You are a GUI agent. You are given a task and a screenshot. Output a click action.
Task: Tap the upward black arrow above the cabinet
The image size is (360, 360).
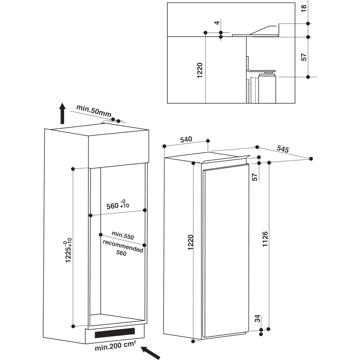[62, 113]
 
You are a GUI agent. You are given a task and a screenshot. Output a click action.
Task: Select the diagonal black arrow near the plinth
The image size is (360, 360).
[150, 352]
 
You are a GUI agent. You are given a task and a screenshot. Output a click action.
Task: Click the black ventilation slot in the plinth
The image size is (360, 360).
[114, 333]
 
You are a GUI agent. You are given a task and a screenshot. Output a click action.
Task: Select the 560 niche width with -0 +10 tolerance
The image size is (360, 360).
[117, 205]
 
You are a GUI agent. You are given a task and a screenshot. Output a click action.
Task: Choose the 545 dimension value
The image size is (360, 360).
[283, 149]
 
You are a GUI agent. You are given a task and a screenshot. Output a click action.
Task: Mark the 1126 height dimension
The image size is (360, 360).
[265, 239]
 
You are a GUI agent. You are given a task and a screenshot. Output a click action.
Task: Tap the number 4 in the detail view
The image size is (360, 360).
[216, 23]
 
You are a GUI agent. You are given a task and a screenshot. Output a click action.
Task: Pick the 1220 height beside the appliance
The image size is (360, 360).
[190, 243]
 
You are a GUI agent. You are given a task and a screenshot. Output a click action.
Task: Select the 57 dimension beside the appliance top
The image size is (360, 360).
[255, 177]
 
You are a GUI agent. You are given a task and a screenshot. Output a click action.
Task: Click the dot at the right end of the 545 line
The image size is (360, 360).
[311, 158]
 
